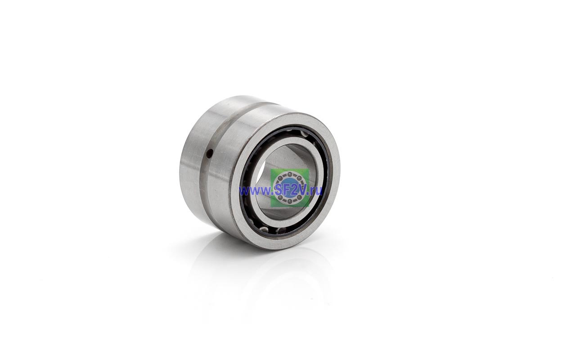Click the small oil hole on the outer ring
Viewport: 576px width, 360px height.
coord(211,154)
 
